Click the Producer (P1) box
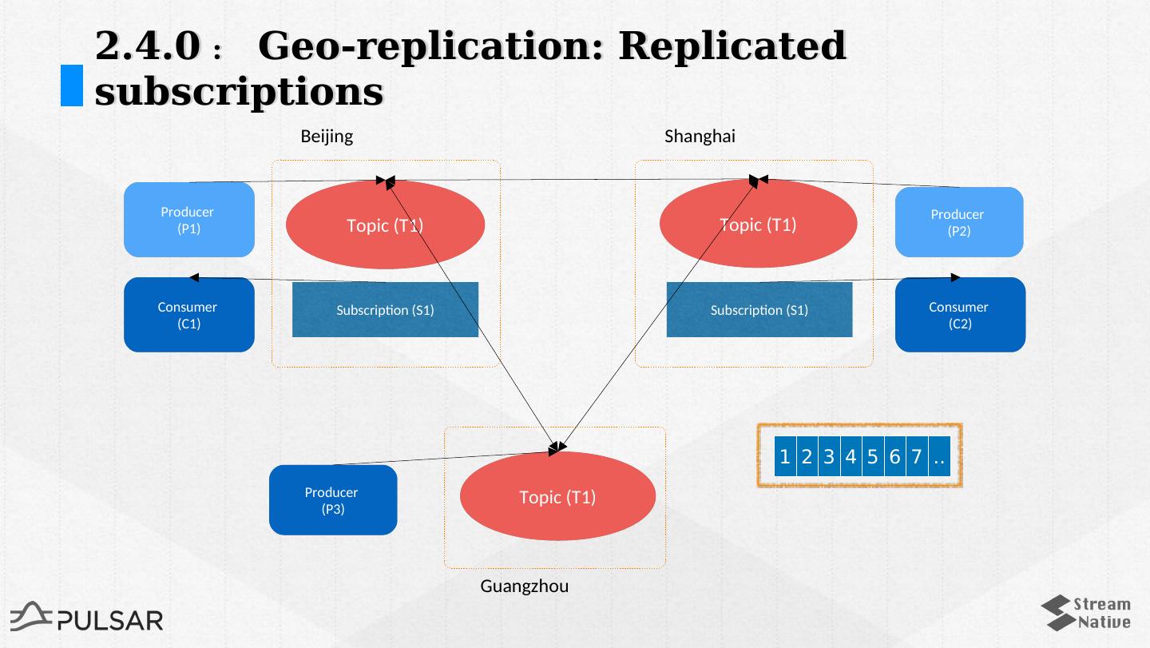(188, 221)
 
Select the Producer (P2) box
(958, 222)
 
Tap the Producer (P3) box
(332, 500)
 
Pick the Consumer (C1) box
(188, 315)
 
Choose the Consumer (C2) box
(959, 315)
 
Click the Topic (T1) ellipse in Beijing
(385, 225)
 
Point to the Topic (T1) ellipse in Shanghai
(758, 225)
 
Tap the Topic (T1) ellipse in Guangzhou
(557, 497)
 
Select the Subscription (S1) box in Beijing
(385, 310)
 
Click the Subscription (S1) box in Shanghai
(759, 310)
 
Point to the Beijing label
(327, 137)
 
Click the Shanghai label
(700, 137)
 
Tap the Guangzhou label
(524, 586)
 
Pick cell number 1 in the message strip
(785, 457)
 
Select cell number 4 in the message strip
(851, 457)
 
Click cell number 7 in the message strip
(916, 457)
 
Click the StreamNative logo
(1086, 613)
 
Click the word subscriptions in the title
(239, 92)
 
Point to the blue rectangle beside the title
(72, 85)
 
